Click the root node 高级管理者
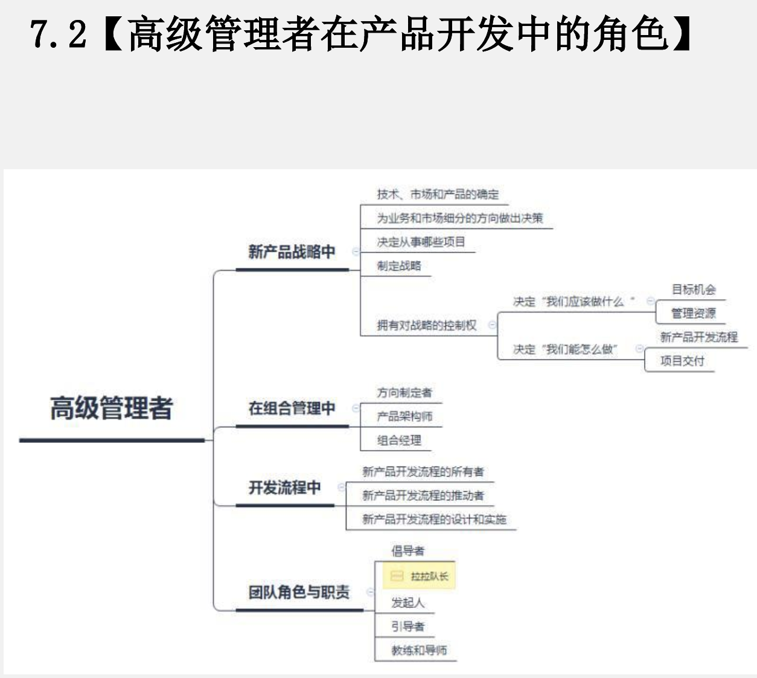[111, 408]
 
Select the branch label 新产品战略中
[292, 251]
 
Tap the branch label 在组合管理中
[292, 408]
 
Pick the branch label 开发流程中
[284, 487]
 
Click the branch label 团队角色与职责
[299, 592]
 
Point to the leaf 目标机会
[694, 289]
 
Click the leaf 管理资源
[694, 313]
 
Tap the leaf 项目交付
[682, 361]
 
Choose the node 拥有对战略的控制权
[427, 325]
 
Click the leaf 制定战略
[399, 265]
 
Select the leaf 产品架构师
[404, 416]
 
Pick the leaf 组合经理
[399, 440]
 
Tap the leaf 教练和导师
[419, 650]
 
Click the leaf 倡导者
[407, 550]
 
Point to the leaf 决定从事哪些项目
[421, 242]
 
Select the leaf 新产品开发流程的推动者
[423, 496]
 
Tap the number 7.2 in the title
[58, 34]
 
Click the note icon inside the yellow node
[397, 576]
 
